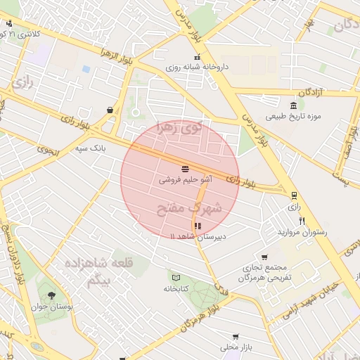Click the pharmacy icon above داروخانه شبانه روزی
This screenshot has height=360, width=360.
tap(198, 57)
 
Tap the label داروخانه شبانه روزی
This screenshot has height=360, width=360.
tap(198, 68)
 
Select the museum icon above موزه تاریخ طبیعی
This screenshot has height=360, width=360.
tap(292, 105)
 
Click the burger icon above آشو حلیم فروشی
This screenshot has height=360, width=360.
tap(184, 169)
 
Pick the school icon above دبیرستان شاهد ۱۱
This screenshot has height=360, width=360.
tap(197, 226)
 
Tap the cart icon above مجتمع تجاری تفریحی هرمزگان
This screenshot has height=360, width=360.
tap(264, 257)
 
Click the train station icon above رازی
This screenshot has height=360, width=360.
tap(294, 196)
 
